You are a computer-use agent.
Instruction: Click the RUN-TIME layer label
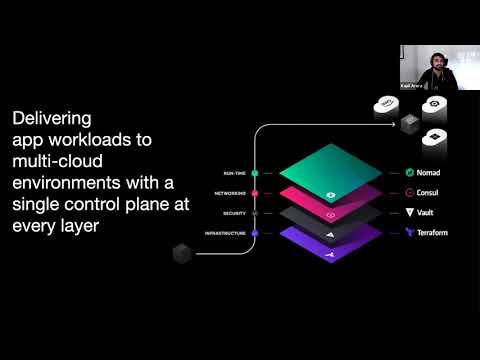pos(236,173)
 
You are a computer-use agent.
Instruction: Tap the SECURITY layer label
pos(236,212)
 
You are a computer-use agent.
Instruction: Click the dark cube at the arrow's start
pos(181,252)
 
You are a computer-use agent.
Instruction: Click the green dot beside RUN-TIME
pos(256,173)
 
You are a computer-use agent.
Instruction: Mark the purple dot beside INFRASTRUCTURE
pos(256,232)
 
